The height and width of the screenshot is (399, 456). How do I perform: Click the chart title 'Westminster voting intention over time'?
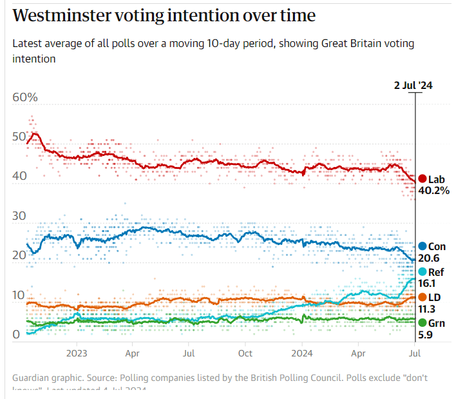(x=164, y=15)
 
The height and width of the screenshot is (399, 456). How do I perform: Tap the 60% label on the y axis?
(x=25, y=97)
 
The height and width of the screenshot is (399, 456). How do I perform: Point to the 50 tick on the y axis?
(x=19, y=137)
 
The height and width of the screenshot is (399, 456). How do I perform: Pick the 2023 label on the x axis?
(x=76, y=353)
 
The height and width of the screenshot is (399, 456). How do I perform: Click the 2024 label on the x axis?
(x=301, y=353)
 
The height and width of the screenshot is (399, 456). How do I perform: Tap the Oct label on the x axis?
(x=245, y=353)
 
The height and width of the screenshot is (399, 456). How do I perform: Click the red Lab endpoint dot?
(x=422, y=179)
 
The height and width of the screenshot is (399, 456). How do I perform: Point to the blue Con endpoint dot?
(x=422, y=246)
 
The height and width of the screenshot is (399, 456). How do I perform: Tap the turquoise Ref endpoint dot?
(x=422, y=272)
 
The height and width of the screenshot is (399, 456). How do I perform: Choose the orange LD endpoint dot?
(x=422, y=297)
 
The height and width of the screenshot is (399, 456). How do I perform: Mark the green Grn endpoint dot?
(x=422, y=322)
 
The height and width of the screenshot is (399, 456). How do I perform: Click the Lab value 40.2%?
(x=433, y=191)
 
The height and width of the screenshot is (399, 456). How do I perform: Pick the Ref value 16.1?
(x=429, y=284)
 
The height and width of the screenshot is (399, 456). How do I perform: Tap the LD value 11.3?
(x=429, y=309)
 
